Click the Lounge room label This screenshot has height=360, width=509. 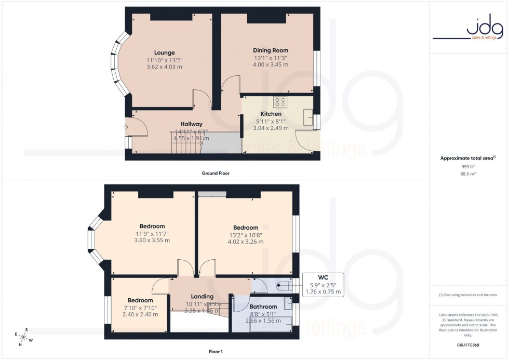[x=164, y=52]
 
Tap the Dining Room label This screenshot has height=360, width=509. [x=270, y=50]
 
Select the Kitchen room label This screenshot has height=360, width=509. [x=271, y=114]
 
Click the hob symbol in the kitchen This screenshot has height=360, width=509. [x=280, y=101]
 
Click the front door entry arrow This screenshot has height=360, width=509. [x=126, y=126]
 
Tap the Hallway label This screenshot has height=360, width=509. [x=192, y=124]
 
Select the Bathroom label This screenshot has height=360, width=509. [x=263, y=306]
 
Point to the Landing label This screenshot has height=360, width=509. [x=202, y=297]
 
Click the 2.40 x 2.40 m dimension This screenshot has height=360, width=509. [x=140, y=314]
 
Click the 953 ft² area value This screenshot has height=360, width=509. [x=468, y=167]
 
